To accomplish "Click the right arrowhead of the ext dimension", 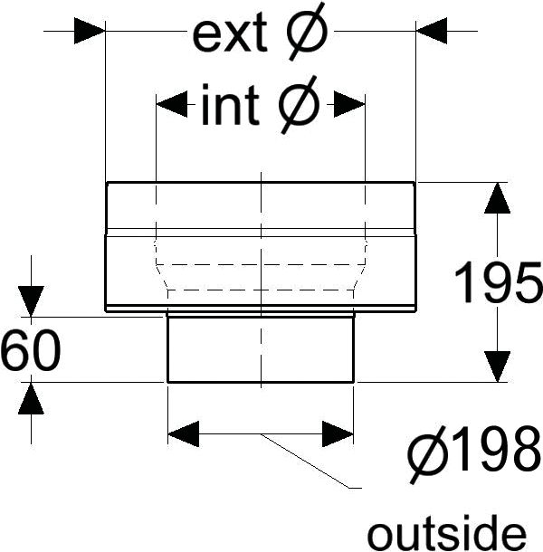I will (x=432, y=32).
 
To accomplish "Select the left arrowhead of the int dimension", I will (x=172, y=105).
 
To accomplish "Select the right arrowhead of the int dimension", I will (x=349, y=105).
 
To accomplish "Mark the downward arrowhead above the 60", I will (x=31, y=301).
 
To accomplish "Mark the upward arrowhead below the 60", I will (x=31, y=398).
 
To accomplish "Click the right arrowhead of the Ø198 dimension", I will (x=338, y=434).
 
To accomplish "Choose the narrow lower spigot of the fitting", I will (x=260, y=348).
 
